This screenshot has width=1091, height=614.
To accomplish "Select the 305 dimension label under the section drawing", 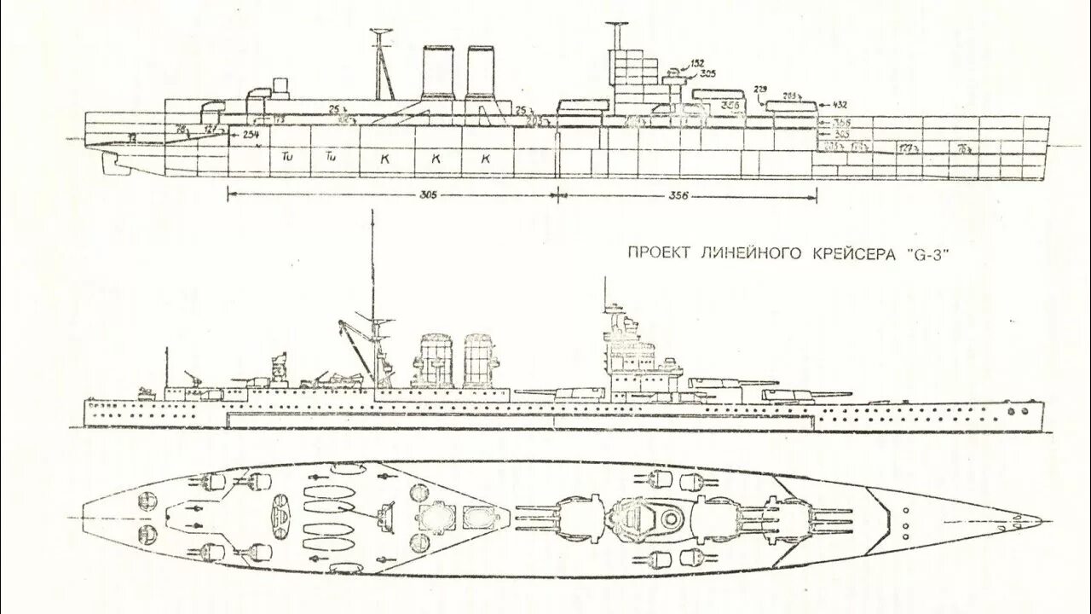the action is (x=428, y=195).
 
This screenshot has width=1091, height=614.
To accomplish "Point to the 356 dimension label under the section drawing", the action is (x=678, y=195).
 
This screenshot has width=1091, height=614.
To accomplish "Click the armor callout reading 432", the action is (x=840, y=104).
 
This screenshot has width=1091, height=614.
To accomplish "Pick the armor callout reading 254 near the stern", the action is (x=250, y=135).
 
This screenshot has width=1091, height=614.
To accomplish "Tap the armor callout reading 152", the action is (x=697, y=64).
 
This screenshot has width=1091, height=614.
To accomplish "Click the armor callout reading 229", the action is (x=761, y=90).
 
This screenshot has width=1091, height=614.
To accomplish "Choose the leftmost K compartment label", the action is (x=384, y=159).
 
